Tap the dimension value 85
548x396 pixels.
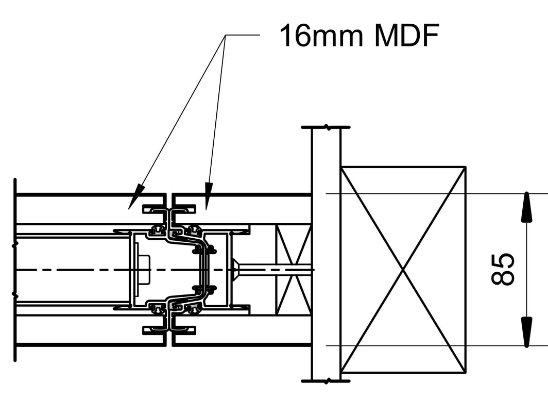point(503,269)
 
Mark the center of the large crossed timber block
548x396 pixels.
point(403,269)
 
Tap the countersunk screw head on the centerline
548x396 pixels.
point(236,269)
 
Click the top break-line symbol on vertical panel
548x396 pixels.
point(326,127)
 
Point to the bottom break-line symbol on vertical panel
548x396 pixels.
point(326,382)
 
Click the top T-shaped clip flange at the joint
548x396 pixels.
point(169,209)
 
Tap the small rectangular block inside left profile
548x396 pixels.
point(143,269)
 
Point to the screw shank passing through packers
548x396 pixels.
point(276,269)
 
